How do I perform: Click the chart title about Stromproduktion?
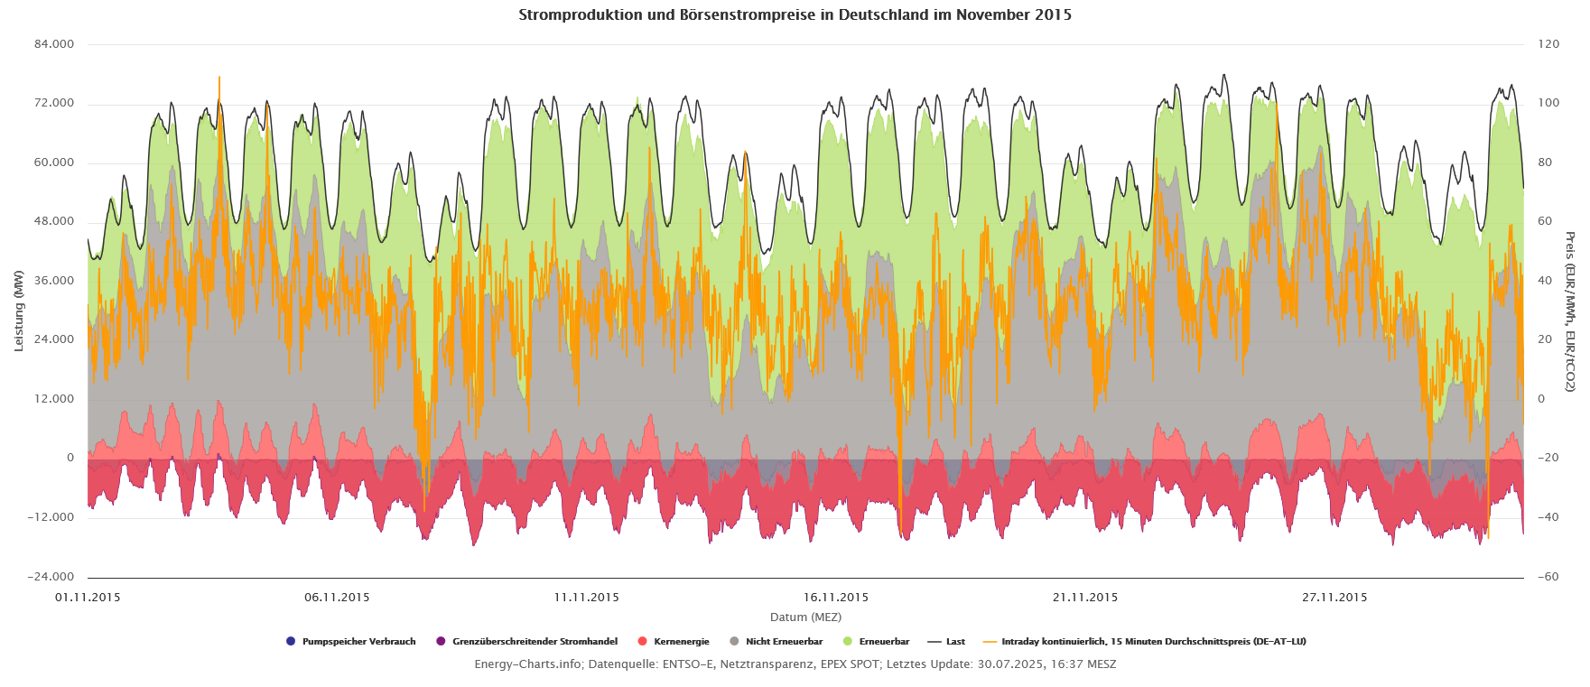[x=795, y=15]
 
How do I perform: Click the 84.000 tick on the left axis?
[x=55, y=44]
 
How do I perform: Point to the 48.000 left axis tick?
[x=55, y=221]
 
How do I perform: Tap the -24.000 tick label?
[x=52, y=577]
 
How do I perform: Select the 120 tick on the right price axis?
[x=1548, y=44]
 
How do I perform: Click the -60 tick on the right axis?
[x=1548, y=577]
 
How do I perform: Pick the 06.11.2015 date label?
[x=337, y=597]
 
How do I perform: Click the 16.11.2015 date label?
[x=835, y=597]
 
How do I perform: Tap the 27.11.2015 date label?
[x=1334, y=597]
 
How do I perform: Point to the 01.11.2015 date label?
[x=88, y=597]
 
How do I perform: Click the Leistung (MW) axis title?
[x=19, y=311]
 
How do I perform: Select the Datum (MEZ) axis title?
[x=805, y=617]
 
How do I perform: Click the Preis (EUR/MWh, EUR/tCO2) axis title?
[x=1570, y=311]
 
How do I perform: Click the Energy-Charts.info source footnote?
[x=795, y=664]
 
